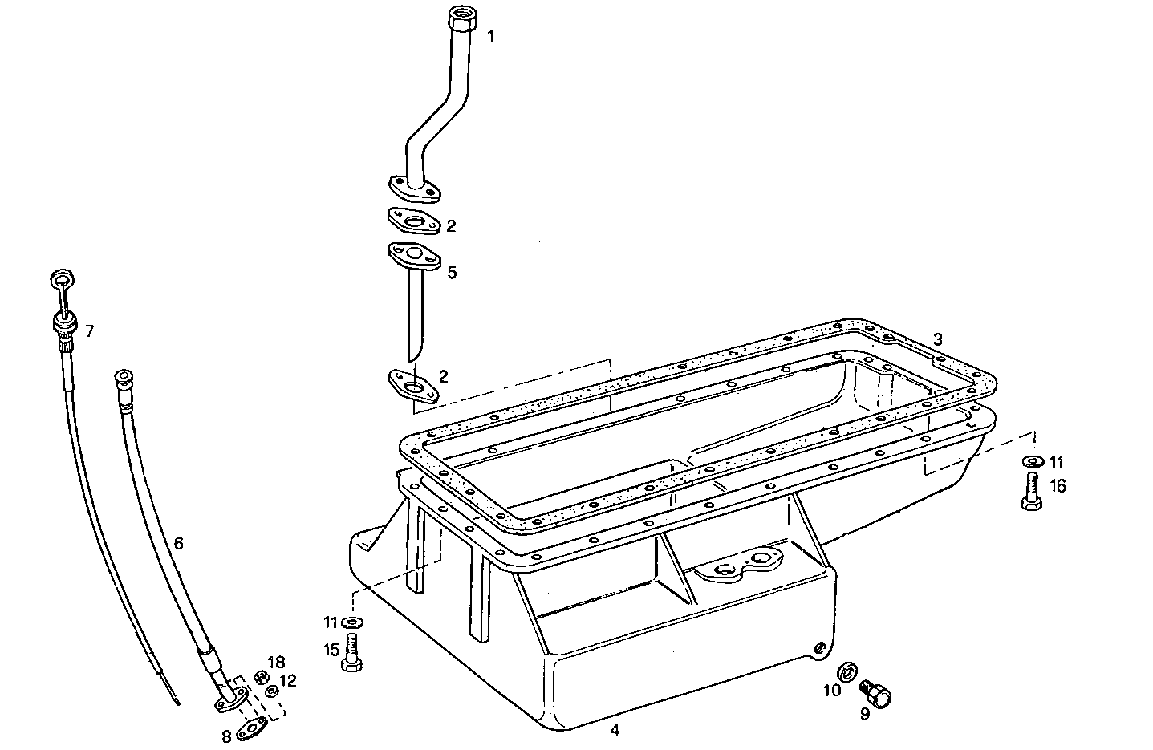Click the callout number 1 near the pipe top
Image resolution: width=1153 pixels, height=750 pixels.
(x=491, y=36)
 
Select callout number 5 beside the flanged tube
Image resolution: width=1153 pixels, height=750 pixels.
(x=452, y=273)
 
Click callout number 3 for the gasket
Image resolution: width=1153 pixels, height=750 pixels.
(x=938, y=339)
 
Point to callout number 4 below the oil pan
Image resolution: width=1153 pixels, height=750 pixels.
(x=614, y=730)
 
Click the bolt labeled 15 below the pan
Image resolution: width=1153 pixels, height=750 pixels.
(x=351, y=651)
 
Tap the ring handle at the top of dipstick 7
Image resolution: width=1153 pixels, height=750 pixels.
(x=61, y=280)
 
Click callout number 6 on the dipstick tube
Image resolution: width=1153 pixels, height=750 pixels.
(x=178, y=544)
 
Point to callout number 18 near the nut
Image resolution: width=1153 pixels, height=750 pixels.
(x=276, y=662)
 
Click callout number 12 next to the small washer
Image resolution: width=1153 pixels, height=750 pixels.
(x=289, y=681)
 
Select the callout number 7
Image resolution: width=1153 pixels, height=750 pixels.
(x=89, y=330)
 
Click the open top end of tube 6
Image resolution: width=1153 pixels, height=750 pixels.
(x=123, y=377)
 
